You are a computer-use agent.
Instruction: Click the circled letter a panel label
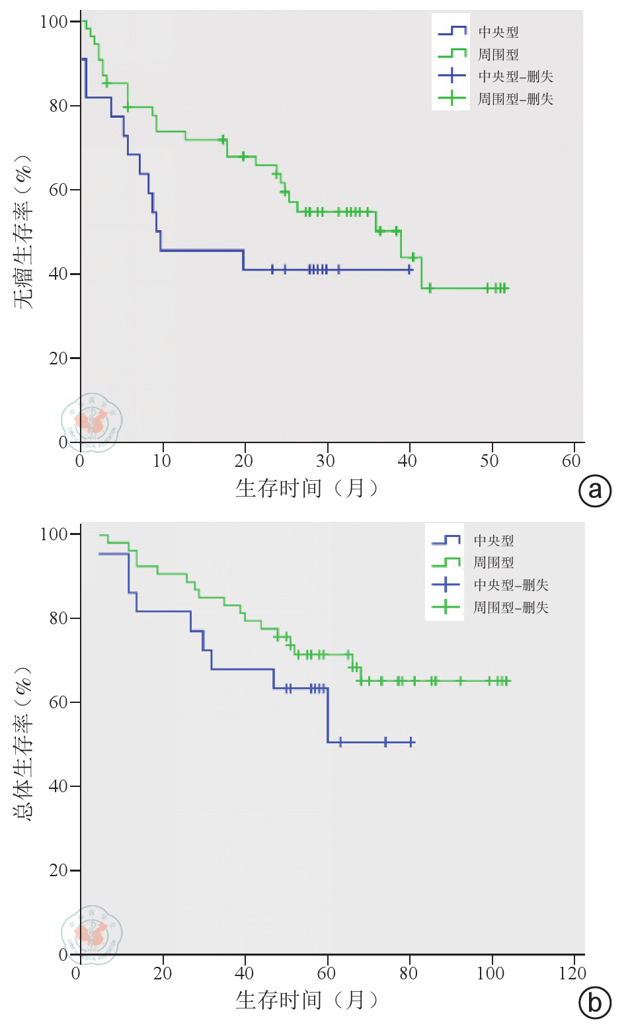pyautogui.click(x=595, y=491)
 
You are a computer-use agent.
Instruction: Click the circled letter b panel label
pyautogui.click(x=595, y=1003)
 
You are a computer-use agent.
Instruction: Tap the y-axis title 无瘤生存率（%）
pyautogui.click(x=23, y=231)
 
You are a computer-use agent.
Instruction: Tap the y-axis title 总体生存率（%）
pyautogui.click(x=23, y=743)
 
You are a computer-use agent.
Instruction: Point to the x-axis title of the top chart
pyautogui.click(x=307, y=488)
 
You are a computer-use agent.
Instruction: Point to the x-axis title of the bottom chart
pyautogui.click(x=307, y=1000)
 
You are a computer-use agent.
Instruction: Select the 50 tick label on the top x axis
pyautogui.click(x=489, y=461)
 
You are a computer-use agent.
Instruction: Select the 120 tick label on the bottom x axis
pyautogui.click(x=572, y=973)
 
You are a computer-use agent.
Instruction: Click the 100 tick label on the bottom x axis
pyautogui.click(x=490, y=973)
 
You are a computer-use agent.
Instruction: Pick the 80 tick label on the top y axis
pyautogui.click(x=58, y=106)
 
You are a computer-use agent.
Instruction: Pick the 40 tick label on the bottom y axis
pyautogui.click(x=58, y=786)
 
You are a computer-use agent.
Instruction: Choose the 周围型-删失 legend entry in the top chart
pyautogui.click(x=515, y=99)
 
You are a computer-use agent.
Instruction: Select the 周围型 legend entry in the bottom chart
pyautogui.click(x=493, y=563)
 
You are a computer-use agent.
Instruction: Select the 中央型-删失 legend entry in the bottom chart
pyautogui.click(x=510, y=585)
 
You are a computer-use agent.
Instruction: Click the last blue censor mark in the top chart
pyautogui.click(x=410, y=270)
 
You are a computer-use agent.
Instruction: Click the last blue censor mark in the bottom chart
pyautogui.click(x=411, y=742)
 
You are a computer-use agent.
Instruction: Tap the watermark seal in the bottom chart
pyautogui.click(x=92, y=934)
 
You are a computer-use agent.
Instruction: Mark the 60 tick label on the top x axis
pyautogui.click(x=571, y=461)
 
